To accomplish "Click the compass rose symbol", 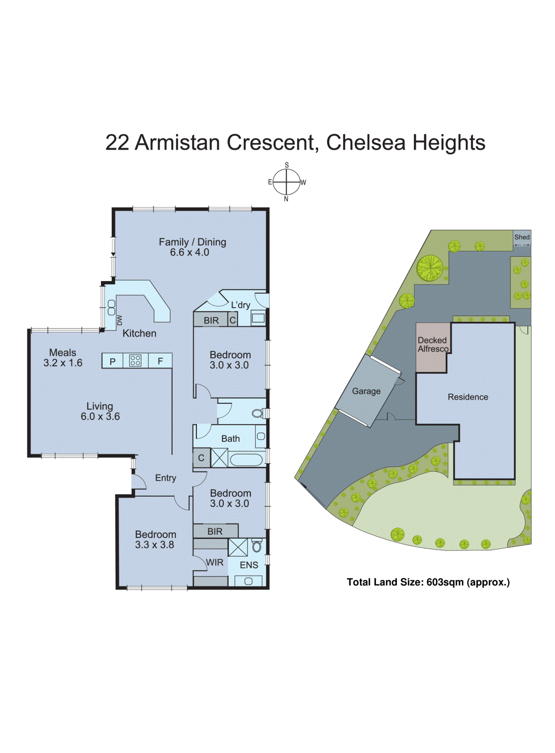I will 286,182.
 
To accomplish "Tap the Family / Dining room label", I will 192,242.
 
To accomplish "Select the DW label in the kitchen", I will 120,320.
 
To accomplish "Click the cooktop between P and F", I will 135,361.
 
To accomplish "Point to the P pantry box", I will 113,361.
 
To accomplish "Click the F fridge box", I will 160,361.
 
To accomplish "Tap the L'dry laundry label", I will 240,305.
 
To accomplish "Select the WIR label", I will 215,562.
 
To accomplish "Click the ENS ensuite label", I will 249,565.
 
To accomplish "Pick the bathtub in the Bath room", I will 246,459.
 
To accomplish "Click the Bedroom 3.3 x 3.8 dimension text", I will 154,545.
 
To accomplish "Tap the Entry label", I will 166,478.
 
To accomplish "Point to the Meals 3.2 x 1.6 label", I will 63,358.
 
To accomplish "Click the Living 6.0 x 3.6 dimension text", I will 100,417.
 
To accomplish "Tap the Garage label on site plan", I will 366,391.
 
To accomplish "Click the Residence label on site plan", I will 467,397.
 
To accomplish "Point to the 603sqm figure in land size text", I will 445,582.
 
